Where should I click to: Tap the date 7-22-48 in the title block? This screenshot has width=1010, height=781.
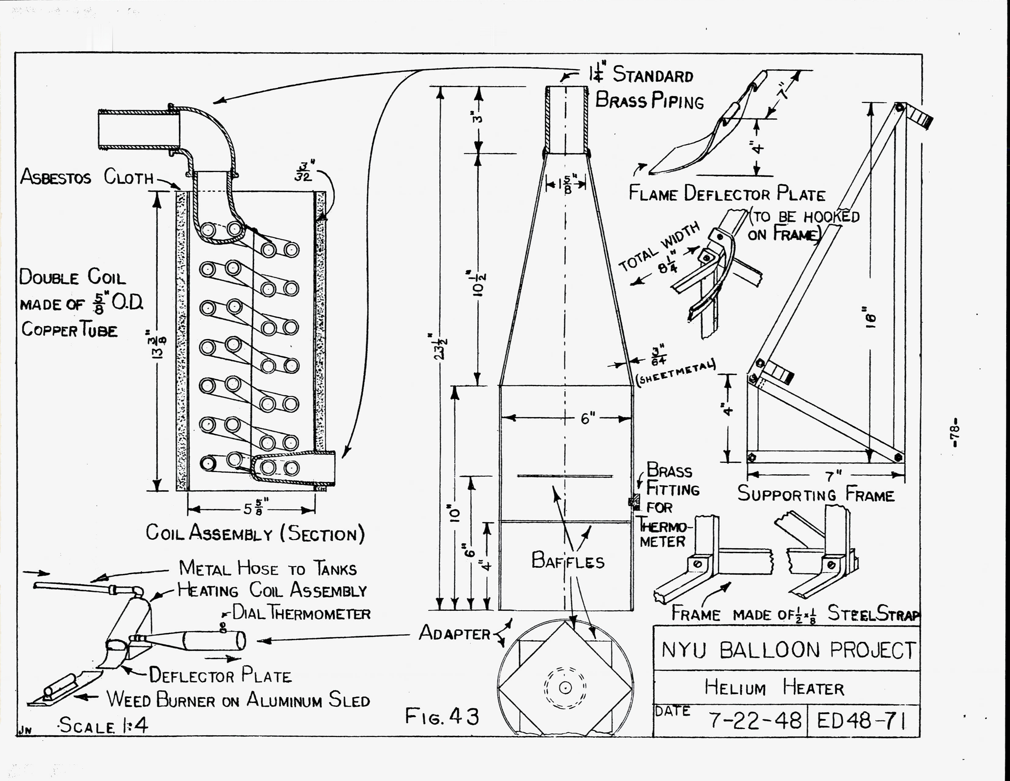[755, 720]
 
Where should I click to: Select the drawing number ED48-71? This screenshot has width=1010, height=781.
[861, 720]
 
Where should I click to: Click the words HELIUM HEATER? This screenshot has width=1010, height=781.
[774, 688]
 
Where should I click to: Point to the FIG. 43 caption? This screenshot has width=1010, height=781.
[442, 717]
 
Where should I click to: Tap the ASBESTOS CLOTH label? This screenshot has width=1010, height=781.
[87, 177]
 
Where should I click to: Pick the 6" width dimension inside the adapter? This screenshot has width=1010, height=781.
[587, 419]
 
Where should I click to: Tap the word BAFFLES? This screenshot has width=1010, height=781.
[568, 561]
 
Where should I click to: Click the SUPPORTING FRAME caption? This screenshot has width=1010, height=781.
[816, 494]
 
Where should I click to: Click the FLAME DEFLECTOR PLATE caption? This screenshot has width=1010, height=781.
[727, 193]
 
